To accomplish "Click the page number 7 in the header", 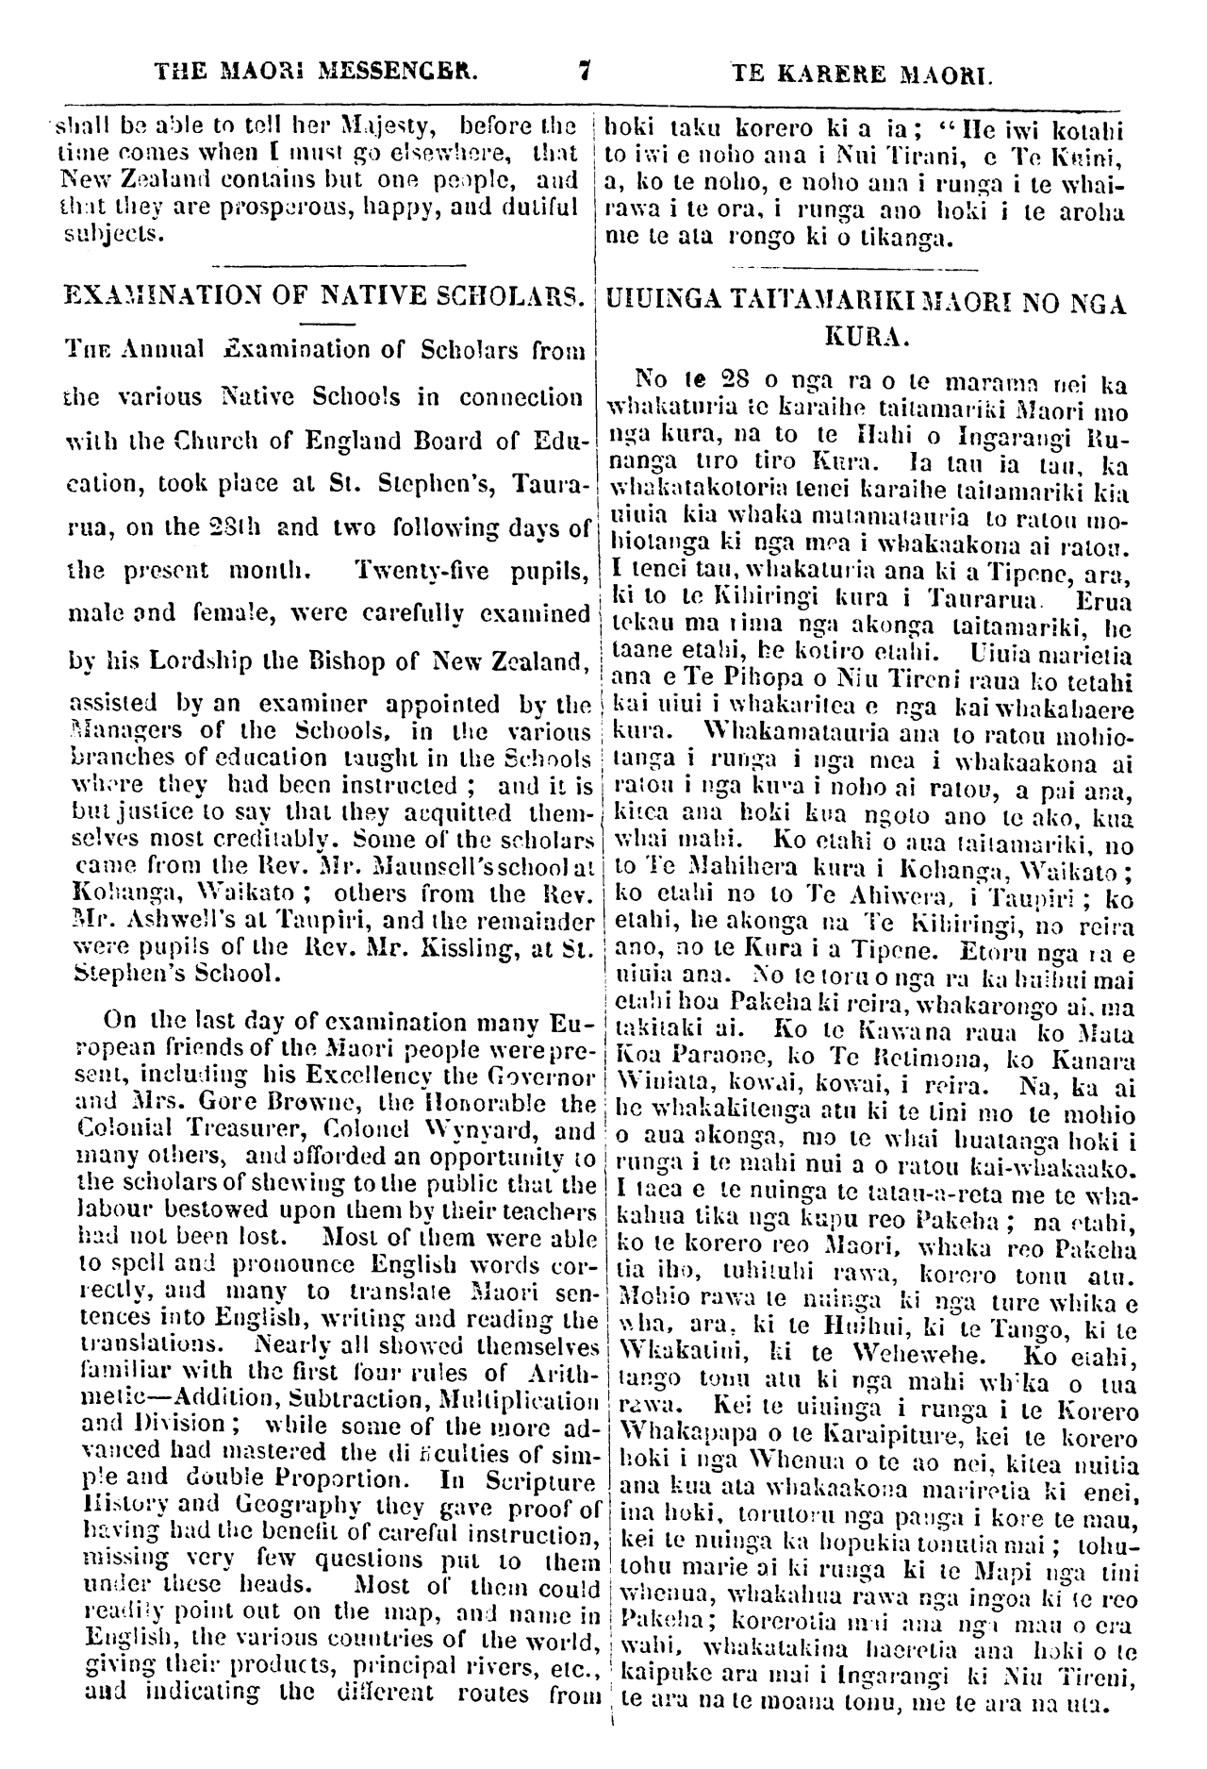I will pos(585,70).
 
